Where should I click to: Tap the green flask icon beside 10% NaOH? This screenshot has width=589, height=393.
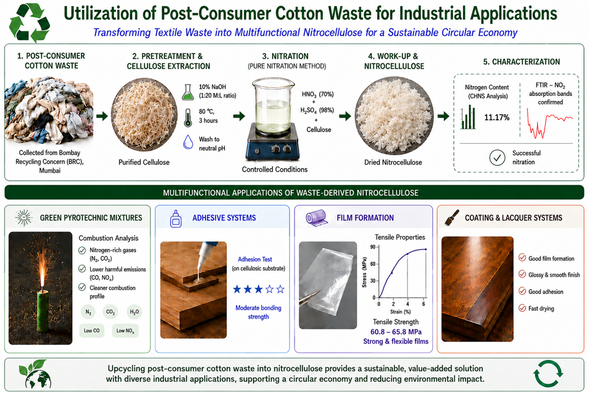click(188, 92)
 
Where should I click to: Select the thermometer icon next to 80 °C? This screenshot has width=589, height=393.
click(188, 118)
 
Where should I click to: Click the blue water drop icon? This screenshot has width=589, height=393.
click(188, 142)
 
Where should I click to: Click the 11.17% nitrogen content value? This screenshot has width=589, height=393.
click(496, 118)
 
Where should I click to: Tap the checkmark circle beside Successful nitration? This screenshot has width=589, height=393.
click(497, 158)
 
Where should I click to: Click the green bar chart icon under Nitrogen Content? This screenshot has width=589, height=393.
click(468, 117)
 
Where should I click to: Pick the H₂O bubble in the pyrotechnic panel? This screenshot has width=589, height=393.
click(134, 312)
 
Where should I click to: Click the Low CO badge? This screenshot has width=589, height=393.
click(91, 330)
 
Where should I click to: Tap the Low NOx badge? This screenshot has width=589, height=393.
click(125, 330)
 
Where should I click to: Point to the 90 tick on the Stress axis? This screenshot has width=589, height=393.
click(373, 247)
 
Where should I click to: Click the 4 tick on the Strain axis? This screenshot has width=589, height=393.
click(408, 304)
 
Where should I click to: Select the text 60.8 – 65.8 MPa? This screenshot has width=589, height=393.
click(396, 332)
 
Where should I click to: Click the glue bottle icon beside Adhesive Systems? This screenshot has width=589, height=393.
click(176, 218)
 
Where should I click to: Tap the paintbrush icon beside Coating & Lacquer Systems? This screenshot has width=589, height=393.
click(452, 217)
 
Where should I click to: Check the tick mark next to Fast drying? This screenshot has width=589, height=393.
click(522, 308)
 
